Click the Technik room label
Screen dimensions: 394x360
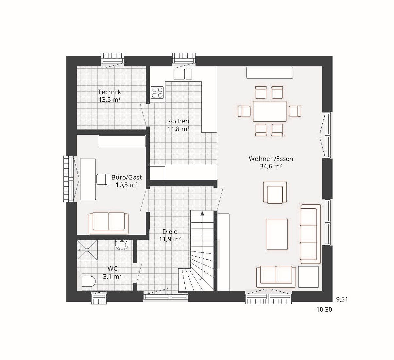point(110,92)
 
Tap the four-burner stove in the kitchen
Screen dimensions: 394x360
point(157,93)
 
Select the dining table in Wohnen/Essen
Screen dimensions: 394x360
point(269,111)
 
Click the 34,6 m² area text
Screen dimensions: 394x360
point(271,166)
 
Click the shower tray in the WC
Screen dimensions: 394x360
point(87,250)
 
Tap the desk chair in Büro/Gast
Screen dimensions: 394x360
point(103,179)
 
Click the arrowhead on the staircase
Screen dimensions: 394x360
point(202,214)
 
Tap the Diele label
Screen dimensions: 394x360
point(170,231)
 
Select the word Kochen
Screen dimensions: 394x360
point(178,121)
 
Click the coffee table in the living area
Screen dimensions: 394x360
point(277,234)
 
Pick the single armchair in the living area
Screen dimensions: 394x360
point(275,193)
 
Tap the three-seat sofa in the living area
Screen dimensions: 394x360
point(310,234)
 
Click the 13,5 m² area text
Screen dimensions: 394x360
point(110,100)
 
